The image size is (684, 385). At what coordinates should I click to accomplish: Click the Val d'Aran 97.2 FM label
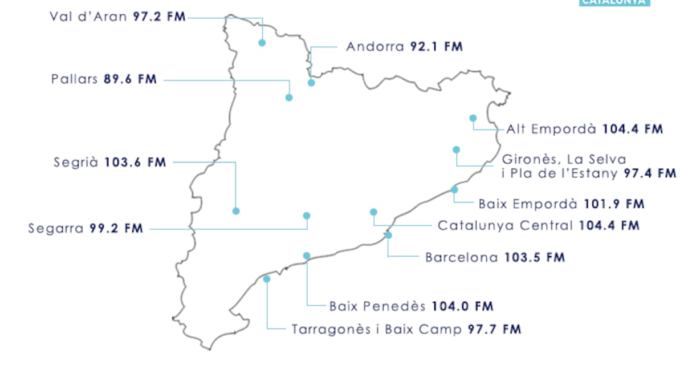pyautogui.click(x=117, y=17)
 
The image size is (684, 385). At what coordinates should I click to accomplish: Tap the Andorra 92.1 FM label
pyautogui.click(x=404, y=47)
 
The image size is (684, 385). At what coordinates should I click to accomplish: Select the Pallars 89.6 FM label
pyautogui.click(x=103, y=79)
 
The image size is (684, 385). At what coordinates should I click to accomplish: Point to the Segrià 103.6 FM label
pyautogui.click(x=110, y=163)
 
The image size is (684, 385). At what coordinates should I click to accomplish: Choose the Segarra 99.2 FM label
pyautogui.click(x=85, y=229)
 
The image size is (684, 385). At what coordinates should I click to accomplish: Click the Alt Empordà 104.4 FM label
pyautogui.click(x=584, y=129)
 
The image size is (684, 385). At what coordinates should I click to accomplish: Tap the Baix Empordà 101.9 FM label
pyautogui.click(x=561, y=204)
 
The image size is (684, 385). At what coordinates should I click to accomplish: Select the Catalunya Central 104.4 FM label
pyautogui.click(x=538, y=225)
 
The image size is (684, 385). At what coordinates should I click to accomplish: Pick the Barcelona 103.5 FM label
pyautogui.click(x=495, y=257)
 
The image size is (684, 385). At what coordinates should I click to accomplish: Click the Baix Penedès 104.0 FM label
pyautogui.click(x=411, y=306)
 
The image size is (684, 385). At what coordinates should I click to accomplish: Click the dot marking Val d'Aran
pyautogui.click(x=262, y=43)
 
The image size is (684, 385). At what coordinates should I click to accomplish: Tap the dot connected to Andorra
pyautogui.click(x=311, y=83)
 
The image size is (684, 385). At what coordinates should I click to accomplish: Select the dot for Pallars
pyautogui.click(x=289, y=98)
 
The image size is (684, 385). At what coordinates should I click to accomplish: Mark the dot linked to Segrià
pyautogui.click(x=236, y=211)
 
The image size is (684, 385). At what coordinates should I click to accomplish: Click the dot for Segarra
pyautogui.click(x=307, y=216)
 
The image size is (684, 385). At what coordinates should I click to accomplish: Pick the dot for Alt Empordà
pyautogui.click(x=473, y=118)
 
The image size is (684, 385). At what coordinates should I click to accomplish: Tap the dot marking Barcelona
pyautogui.click(x=388, y=235)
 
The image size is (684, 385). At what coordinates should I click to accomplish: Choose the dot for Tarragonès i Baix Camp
pyautogui.click(x=267, y=279)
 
